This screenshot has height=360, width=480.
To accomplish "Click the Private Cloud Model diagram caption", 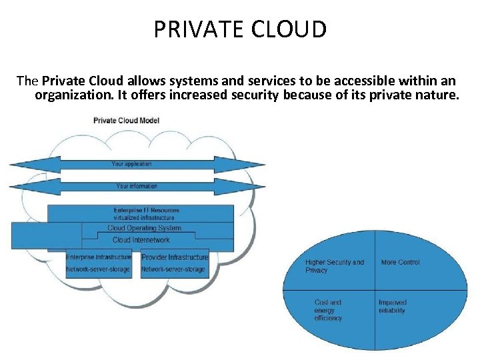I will click(x=126, y=121).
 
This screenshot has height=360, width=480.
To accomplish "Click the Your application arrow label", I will click(x=131, y=164).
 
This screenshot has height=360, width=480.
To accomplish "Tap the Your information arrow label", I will click(x=137, y=186).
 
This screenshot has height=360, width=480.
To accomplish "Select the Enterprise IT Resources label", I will click(x=146, y=211).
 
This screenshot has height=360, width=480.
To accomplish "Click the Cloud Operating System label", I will click(x=144, y=228).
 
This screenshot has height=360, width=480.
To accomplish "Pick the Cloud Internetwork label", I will click(x=141, y=240).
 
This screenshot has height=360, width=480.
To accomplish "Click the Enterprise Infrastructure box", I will click(x=98, y=263).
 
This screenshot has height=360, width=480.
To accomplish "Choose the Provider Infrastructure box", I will click(x=175, y=263).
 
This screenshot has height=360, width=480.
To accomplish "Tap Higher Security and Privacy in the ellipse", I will click(x=335, y=266).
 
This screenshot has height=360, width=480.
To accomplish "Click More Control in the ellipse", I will click(x=400, y=263).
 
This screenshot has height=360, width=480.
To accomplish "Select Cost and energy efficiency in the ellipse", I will click(x=328, y=310).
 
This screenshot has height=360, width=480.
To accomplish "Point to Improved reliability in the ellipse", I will click(x=392, y=307).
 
